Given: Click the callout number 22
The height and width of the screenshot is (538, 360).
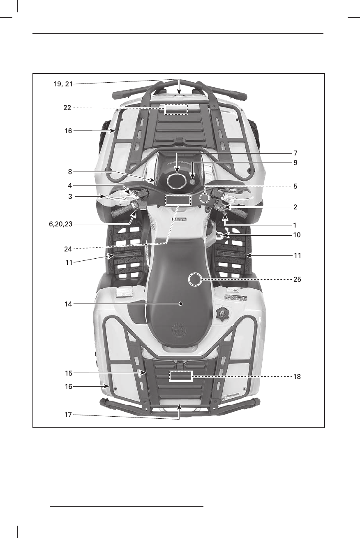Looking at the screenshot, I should point(67,108).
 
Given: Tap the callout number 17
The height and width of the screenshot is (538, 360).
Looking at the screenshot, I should point(68,415).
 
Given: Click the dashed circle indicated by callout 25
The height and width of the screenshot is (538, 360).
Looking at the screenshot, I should point(195,281).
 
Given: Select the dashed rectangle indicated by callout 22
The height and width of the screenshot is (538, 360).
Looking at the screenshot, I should point(176,109).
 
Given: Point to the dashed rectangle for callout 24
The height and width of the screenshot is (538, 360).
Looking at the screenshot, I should point(178,200).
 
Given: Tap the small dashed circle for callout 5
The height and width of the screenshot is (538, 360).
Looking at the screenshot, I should point(204,198).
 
